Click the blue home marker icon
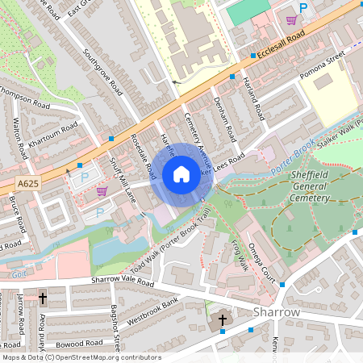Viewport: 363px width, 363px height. click(x=181, y=173)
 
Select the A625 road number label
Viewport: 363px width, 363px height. click(x=28, y=184)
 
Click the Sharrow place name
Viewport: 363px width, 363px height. click(x=277, y=311)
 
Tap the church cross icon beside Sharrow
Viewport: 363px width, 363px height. click(x=223, y=320)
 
